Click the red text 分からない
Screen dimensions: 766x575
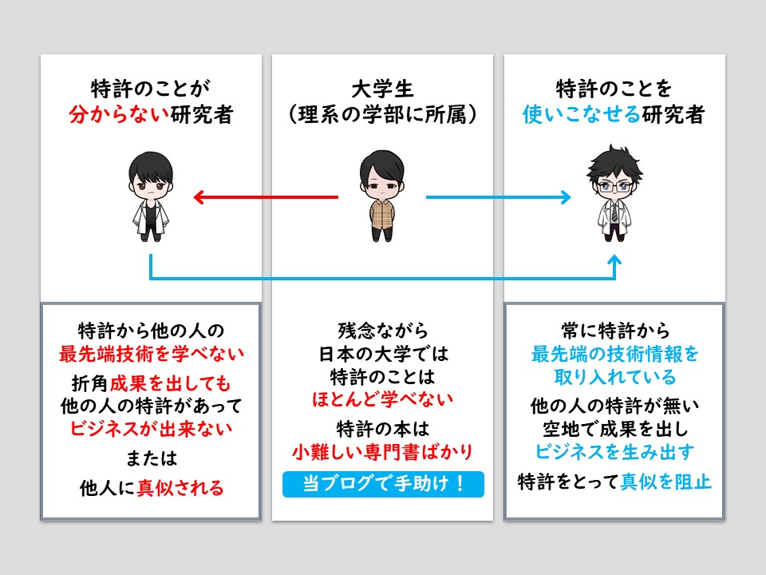119,114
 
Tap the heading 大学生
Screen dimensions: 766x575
382,89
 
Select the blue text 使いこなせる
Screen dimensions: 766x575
582,114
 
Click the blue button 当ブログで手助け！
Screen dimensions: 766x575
383,484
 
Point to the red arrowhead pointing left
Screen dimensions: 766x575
199,197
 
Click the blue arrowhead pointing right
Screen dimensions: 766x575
566,197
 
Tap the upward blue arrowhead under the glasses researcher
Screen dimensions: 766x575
614,260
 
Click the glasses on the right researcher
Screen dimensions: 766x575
614,187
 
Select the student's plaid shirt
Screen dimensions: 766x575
382,214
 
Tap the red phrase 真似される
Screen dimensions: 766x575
180,487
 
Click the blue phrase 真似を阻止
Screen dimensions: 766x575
665,482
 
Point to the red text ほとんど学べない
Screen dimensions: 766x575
382,399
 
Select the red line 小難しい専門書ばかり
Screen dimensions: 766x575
382,452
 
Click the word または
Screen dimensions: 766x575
152,458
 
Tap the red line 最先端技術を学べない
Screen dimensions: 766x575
152,353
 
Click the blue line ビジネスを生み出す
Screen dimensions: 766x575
614,452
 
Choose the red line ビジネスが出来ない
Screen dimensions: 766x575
152,428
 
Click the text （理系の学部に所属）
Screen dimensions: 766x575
382,115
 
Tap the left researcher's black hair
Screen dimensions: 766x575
151,166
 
